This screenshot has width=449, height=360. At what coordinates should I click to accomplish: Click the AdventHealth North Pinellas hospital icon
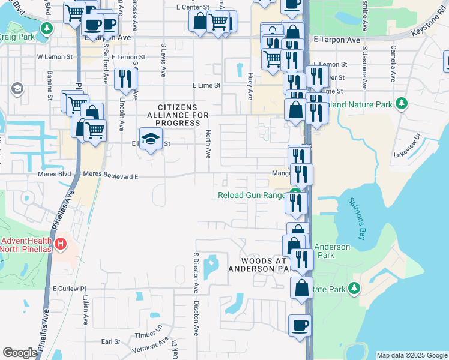(x=61, y=244)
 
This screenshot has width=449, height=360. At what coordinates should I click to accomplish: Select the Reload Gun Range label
(x=251, y=195)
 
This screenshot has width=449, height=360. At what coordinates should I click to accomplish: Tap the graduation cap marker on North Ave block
(x=149, y=140)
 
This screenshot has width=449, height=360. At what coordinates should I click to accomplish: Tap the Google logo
(x=20, y=353)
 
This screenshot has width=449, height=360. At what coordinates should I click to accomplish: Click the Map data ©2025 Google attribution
(x=411, y=355)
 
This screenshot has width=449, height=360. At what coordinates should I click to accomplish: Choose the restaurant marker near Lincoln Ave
(x=125, y=78)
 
